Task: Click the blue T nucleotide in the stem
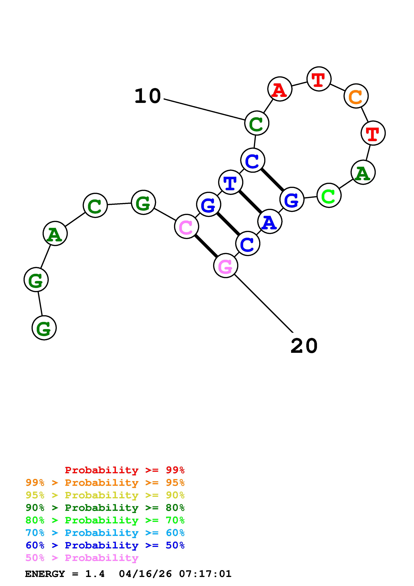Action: click(231, 182)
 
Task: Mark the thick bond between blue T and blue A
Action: click(250, 202)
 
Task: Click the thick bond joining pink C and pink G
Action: click(206, 246)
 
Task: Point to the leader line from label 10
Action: click(204, 109)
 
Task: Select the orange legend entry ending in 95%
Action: click(105, 483)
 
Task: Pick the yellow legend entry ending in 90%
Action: click(105, 495)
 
